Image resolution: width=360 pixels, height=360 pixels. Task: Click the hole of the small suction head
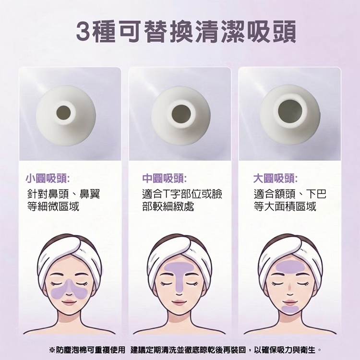click(63, 112)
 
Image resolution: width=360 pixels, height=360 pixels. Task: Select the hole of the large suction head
click(290, 111)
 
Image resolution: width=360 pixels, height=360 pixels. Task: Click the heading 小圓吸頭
click(48, 179)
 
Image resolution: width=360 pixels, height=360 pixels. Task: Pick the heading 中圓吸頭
click(164, 179)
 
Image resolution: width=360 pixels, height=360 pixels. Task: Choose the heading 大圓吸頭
click(276, 179)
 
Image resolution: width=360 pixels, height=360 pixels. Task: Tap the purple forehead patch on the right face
click(290, 266)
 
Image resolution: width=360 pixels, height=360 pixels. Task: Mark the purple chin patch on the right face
click(290, 310)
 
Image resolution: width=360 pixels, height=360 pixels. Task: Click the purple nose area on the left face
click(69, 290)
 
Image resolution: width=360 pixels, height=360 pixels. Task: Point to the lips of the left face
click(69, 302)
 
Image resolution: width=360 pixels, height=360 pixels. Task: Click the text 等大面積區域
click(285, 206)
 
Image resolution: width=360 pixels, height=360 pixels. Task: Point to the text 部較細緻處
click(168, 206)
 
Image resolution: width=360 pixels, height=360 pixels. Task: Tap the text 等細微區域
click(53, 206)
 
